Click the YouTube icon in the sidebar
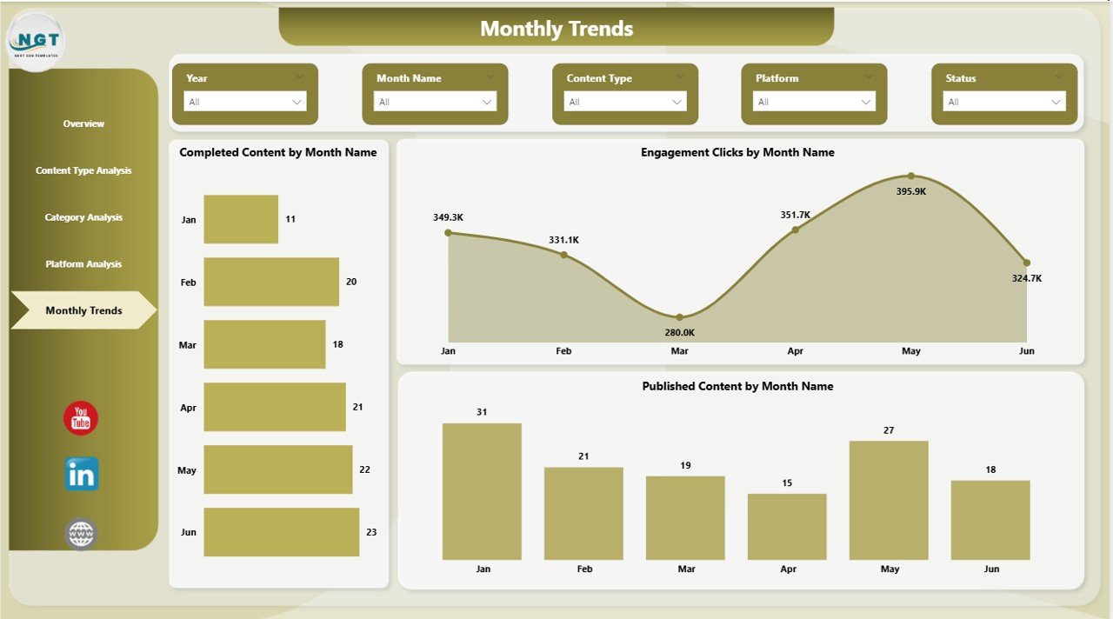(x=81, y=418)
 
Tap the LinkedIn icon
(x=82, y=475)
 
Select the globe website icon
(x=81, y=533)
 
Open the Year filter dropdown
(x=244, y=102)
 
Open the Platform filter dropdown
(x=814, y=102)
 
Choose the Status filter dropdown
(x=1003, y=102)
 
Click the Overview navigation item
(x=83, y=124)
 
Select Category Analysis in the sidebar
(x=83, y=217)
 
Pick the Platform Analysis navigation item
(x=83, y=264)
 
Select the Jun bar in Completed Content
(x=281, y=532)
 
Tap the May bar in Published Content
(x=889, y=500)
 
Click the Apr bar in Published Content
(x=787, y=527)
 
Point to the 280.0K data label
(x=680, y=332)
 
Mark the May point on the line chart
(x=911, y=176)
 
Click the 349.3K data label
(x=448, y=216)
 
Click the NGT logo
(x=37, y=40)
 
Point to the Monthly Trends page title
(x=556, y=29)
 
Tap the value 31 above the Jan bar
(x=482, y=412)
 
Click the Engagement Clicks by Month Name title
(x=737, y=152)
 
